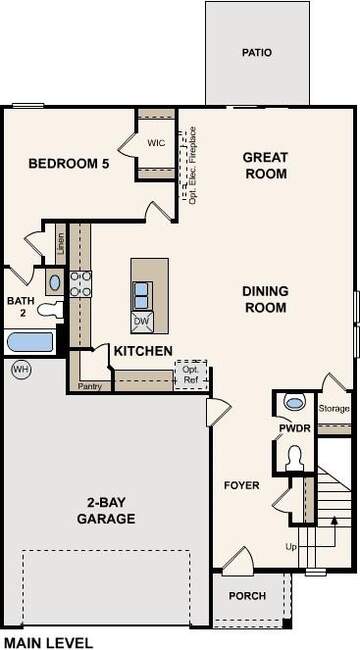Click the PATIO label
(x=257, y=53)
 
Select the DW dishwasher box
(x=142, y=322)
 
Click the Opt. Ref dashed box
(x=191, y=375)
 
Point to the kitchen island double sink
(x=142, y=295)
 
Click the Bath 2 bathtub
(x=30, y=342)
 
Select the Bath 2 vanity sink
(x=54, y=282)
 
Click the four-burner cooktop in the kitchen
(x=80, y=284)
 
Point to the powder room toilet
(x=295, y=458)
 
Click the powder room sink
(x=295, y=401)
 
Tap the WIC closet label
(x=156, y=143)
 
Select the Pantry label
(x=90, y=386)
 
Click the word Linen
(x=61, y=245)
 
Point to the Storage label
(x=334, y=409)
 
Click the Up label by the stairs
(x=291, y=547)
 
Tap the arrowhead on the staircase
(x=334, y=520)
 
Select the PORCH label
(x=247, y=596)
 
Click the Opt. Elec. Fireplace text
(x=192, y=165)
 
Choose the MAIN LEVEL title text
(x=49, y=643)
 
